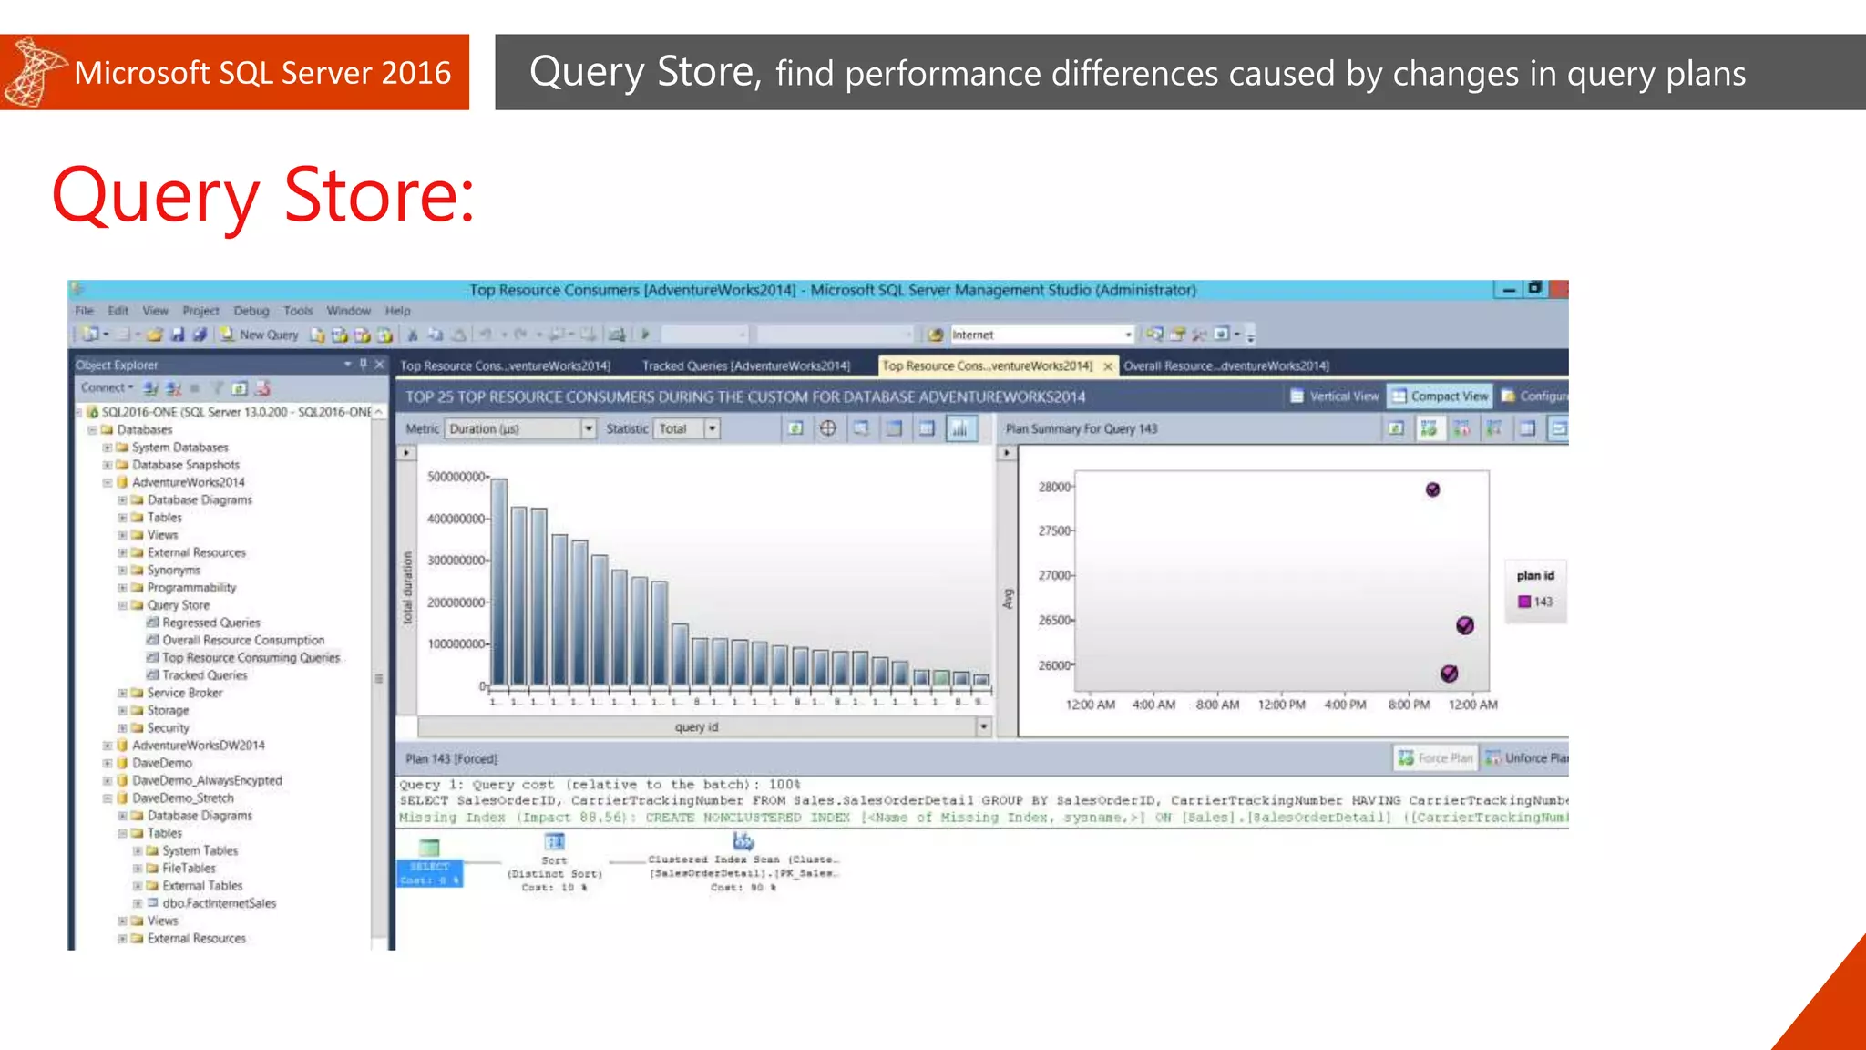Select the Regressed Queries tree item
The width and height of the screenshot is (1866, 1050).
pyautogui.click(x=210, y=623)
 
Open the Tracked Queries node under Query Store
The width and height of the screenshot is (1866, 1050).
pyautogui.click(x=204, y=675)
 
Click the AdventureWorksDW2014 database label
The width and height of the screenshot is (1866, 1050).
pyautogui.click(x=198, y=746)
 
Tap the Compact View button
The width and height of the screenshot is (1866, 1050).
pyautogui.click(x=1440, y=396)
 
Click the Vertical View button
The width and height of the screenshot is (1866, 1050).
pyautogui.click(x=1335, y=396)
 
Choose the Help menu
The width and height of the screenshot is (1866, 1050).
pyautogui.click(x=397, y=311)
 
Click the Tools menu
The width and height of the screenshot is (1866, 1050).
pyautogui.click(x=298, y=311)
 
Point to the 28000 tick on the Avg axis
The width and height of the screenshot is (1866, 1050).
pyautogui.click(x=1055, y=487)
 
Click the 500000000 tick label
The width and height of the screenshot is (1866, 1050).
pyautogui.click(x=456, y=477)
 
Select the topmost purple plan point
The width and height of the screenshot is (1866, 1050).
pyautogui.click(x=1432, y=490)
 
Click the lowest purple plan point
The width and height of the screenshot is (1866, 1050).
pyautogui.click(x=1449, y=674)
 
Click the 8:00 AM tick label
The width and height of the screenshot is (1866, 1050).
pyautogui.click(x=1217, y=705)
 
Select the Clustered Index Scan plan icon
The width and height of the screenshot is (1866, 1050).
pyautogui.click(x=743, y=841)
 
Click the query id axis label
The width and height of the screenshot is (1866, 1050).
pyautogui.click(x=696, y=727)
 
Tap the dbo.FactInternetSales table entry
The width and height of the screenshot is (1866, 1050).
pyautogui.click(x=219, y=903)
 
